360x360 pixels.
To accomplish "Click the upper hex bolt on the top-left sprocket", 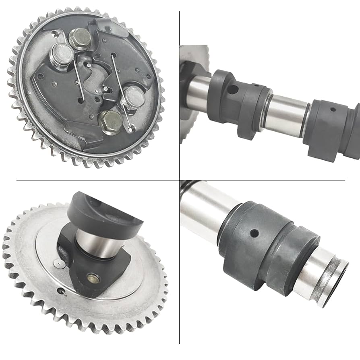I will click(x=79, y=39).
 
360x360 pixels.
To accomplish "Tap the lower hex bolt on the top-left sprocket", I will click(x=110, y=120).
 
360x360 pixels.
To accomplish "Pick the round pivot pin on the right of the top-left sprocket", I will click(x=133, y=97).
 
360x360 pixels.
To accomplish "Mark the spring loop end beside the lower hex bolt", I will click(x=129, y=128).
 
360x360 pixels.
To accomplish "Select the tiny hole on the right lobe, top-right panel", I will click(x=333, y=109).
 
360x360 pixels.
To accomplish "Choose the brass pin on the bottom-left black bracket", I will click(x=93, y=278).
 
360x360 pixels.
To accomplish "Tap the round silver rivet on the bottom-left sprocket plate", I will click(x=58, y=264).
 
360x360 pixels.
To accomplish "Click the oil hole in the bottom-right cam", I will click(x=254, y=233).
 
